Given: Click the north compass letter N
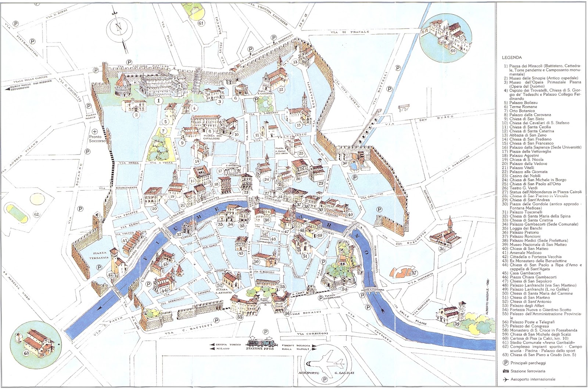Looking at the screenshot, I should pyautogui.click(x=118, y=28).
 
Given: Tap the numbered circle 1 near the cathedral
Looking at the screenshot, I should pyautogui.click(x=158, y=100).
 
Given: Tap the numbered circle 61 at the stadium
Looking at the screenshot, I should pyautogui.click(x=201, y=22).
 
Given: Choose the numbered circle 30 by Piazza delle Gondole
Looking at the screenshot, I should pyautogui.click(x=344, y=163).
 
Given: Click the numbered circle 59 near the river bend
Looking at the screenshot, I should pyautogui.click(x=457, y=324).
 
